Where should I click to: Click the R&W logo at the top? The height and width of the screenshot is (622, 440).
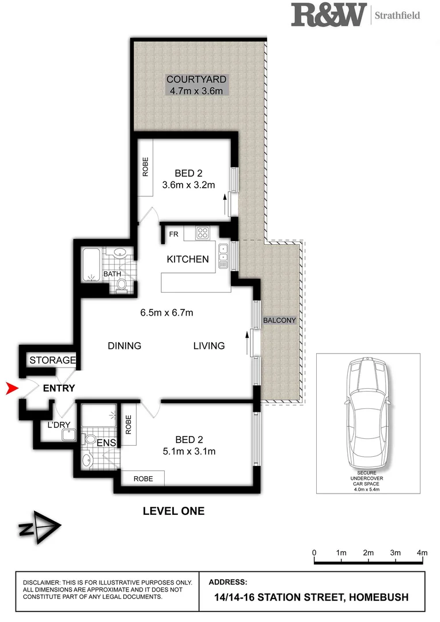[329, 14]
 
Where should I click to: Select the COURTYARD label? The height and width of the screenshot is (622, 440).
[196, 79]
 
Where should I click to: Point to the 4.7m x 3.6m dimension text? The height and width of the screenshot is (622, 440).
[196, 90]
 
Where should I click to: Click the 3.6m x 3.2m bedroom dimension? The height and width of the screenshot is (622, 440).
[188, 185]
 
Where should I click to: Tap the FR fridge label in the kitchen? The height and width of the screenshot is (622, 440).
[173, 234]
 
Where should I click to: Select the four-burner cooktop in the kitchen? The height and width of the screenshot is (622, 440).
[203, 233]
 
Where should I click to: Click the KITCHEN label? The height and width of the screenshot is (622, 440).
[188, 259]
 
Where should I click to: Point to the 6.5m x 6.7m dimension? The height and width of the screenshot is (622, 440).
[166, 313]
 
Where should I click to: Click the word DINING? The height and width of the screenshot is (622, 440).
[124, 346]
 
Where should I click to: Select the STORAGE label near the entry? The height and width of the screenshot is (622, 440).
[52, 361]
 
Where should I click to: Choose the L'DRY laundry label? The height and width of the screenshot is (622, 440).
[59, 426]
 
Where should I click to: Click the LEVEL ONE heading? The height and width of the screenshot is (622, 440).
[173, 510]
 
